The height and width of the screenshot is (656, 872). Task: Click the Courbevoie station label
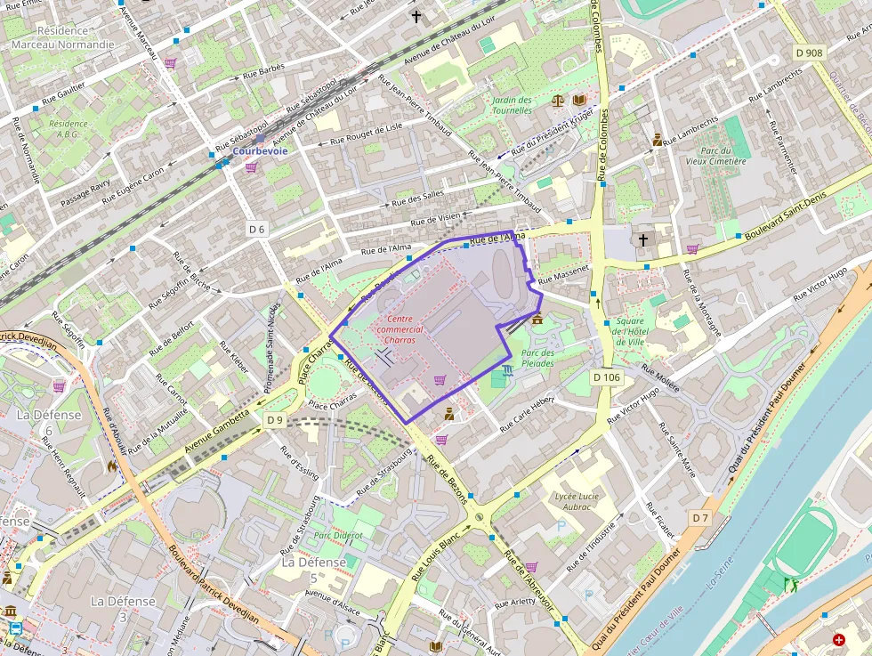pyautogui.click(x=260, y=151)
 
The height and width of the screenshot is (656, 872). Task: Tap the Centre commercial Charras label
pyautogui.click(x=400, y=329)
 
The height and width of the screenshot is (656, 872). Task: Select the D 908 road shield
pyautogui.click(x=809, y=53)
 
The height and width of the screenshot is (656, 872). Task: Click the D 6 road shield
pyautogui.click(x=257, y=229)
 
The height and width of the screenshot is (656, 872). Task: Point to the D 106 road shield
pyautogui.click(x=606, y=377)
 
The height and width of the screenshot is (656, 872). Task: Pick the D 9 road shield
pyautogui.click(x=274, y=419)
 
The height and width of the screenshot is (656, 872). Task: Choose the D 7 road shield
pyautogui.click(x=700, y=517)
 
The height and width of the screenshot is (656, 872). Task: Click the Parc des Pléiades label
pyautogui.click(x=537, y=358)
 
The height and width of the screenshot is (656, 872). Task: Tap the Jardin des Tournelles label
pyautogui.click(x=512, y=105)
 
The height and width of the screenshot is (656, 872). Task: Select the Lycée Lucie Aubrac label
pyautogui.click(x=577, y=501)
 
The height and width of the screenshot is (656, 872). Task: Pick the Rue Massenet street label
pyautogui.click(x=564, y=272)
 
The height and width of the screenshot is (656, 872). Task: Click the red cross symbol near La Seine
pyautogui.click(x=838, y=639)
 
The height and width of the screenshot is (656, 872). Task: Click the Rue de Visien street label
pyautogui.click(x=435, y=218)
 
